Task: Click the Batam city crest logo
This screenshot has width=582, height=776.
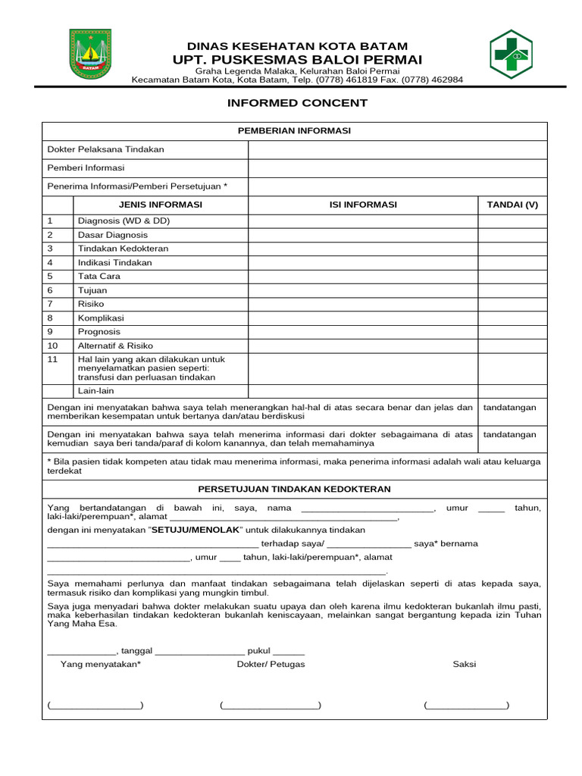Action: (90, 55)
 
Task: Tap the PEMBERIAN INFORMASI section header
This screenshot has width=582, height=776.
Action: (294, 131)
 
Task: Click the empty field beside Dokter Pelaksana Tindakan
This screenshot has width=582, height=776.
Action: (397, 149)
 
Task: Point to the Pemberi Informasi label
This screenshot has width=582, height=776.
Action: (86, 167)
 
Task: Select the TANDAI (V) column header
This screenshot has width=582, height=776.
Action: (512, 205)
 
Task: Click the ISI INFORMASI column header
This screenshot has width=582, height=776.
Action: (362, 205)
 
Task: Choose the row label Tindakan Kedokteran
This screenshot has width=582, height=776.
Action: (123, 249)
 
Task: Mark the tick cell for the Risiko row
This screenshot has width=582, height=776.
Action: (512, 304)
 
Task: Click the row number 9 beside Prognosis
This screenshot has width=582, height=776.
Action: (50, 331)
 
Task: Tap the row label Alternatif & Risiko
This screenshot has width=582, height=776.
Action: (115, 346)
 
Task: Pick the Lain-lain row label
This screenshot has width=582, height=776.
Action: (95, 391)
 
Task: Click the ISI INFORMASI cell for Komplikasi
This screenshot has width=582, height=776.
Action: (362, 318)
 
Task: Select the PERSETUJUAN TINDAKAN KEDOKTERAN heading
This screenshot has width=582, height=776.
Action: (294, 490)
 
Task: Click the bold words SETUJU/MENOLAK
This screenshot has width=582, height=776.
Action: (196, 530)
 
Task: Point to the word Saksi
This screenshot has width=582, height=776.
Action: (464, 665)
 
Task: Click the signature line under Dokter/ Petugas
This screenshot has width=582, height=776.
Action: (271, 706)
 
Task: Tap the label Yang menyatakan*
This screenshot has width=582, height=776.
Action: (100, 665)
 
